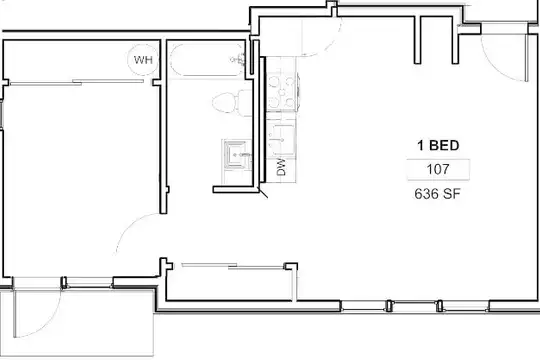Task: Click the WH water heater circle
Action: (x=143, y=60)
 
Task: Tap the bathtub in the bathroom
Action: (x=207, y=60)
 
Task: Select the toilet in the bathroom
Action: (x=232, y=103)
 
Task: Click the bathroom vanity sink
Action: (x=237, y=155)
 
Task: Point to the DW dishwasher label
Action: (x=282, y=167)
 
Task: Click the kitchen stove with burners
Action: (x=282, y=92)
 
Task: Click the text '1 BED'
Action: (x=438, y=145)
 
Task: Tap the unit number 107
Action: (x=438, y=169)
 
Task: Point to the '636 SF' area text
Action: (x=437, y=194)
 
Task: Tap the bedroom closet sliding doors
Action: (x=76, y=82)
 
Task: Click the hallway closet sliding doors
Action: (x=232, y=266)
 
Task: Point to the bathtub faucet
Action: (x=239, y=60)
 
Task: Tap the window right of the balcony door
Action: (x=89, y=282)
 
